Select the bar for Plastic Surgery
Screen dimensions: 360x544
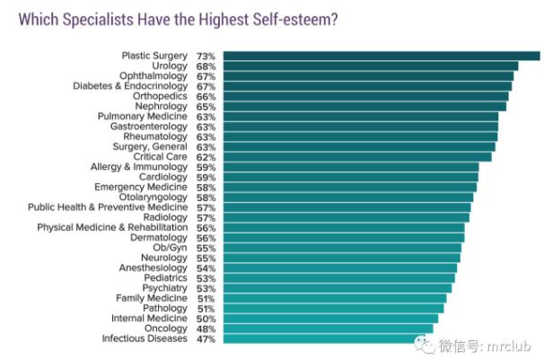point(381,56)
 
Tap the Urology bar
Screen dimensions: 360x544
point(371,66)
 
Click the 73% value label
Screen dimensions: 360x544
point(206,56)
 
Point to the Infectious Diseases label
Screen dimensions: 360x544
point(144,338)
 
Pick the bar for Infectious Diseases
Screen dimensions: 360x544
point(326,338)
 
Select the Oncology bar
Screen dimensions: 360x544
point(328,329)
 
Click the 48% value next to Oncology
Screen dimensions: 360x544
point(206,329)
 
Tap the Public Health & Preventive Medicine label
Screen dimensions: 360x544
point(108,207)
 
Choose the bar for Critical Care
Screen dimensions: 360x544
point(357,156)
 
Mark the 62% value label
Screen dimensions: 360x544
point(206,156)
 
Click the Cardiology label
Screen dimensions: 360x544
point(164,177)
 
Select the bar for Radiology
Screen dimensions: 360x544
point(346,217)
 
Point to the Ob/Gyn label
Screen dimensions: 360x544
point(171,248)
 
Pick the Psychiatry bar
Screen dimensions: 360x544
point(337,288)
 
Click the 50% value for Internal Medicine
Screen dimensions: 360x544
point(206,318)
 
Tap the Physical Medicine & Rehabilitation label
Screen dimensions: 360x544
point(112,227)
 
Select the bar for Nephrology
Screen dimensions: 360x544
point(364,106)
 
